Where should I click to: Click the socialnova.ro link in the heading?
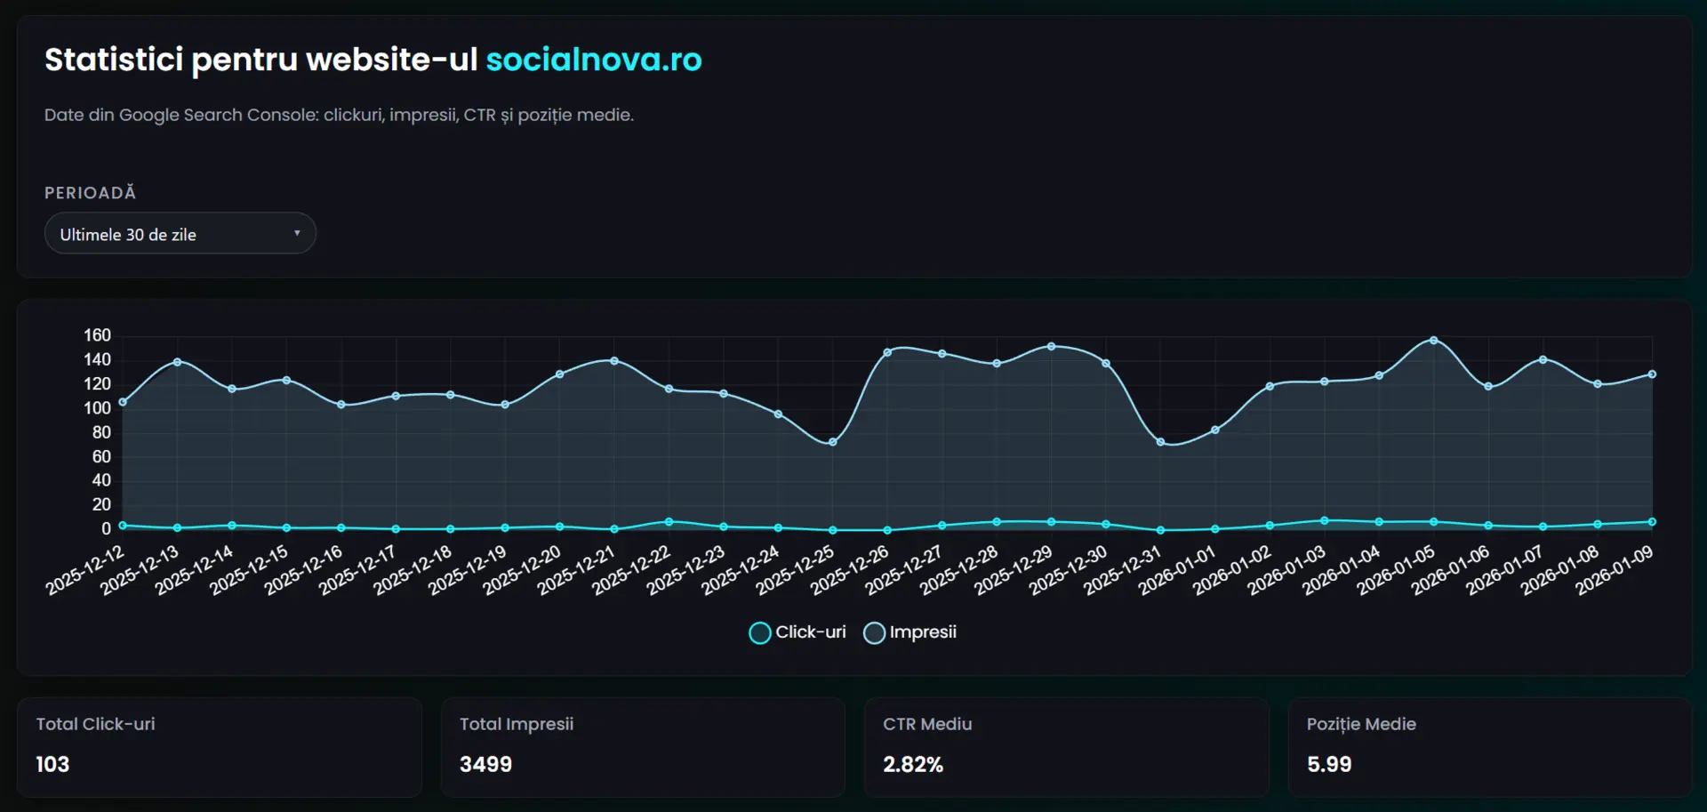593,60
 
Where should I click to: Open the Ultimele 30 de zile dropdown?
180,234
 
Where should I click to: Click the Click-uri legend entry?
797,632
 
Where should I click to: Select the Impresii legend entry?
910,632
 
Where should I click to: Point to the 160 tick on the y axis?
97,335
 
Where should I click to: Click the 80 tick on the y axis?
101,432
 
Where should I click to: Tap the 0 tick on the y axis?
106,529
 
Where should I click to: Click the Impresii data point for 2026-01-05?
1433,341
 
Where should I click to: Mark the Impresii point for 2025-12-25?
832,442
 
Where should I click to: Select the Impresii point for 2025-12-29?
1051,347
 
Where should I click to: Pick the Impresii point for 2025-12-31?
1160,442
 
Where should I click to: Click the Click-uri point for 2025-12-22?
669,522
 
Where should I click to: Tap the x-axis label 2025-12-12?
86,570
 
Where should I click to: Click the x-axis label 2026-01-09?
1615,570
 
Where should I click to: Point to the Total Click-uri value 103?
52,764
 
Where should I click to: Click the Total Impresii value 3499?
485,764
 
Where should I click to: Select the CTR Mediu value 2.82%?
912,764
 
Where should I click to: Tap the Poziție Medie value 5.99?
1328,764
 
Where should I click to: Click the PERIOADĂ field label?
90,193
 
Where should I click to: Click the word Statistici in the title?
114,60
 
